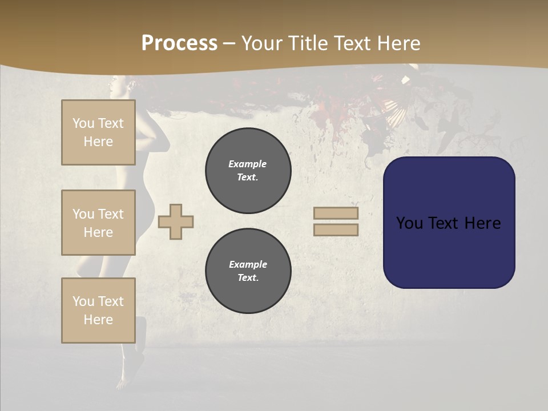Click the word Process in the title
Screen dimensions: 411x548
pyautogui.click(x=179, y=43)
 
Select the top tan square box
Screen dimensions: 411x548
pyautogui.click(x=98, y=132)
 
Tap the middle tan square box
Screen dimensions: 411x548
pyautogui.click(x=98, y=223)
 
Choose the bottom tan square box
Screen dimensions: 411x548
pyautogui.click(x=98, y=311)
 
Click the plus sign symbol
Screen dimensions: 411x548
pyautogui.click(x=176, y=221)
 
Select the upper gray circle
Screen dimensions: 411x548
pyautogui.click(x=248, y=171)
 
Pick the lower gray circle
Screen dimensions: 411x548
pyautogui.click(x=248, y=271)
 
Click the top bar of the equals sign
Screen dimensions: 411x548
pyautogui.click(x=336, y=213)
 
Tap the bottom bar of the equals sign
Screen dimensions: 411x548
pyautogui.click(x=336, y=229)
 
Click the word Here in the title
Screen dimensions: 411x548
pyautogui.click(x=398, y=43)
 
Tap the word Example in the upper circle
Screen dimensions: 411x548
pyautogui.click(x=248, y=164)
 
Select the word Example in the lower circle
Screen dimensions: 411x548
pyautogui.click(x=248, y=264)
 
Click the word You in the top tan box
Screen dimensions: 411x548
pyautogui.click(x=83, y=123)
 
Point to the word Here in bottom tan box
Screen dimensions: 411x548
pyautogui.click(x=98, y=320)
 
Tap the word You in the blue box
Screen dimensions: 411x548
pyautogui.click(x=409, y=223)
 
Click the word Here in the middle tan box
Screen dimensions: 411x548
pyautogui.click(x=98, y=232)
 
